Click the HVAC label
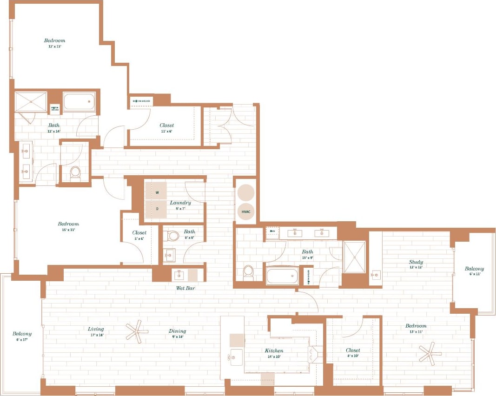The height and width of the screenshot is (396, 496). pyautogui.click(x=246, y=211)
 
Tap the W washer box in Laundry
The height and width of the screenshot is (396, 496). pyautogui.click(x=156, y=191)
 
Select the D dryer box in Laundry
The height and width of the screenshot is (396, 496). pyautogui.click(x=156, y=209)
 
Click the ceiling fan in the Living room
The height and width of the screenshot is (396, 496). pyautogui.click(x=137, y=332)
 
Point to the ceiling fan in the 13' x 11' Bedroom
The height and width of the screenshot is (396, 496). pyautogui.click(x=430, y=353)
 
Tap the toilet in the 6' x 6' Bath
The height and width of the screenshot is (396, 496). pyautogui.click(x=173, y=236)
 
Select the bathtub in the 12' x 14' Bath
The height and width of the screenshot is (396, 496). pyautogui.click(x=79, y=102)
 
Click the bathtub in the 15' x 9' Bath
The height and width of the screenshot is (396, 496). pyautogui.click(x=282, y=276)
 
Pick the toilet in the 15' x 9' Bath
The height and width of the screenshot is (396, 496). pyautogui.click(x=249, y=272)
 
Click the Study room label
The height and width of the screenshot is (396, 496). pyautogui.click(x=416, y=262)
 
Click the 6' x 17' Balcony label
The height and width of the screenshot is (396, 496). pyautogui.click(x=22, y=334)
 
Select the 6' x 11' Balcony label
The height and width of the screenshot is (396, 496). pyautogui.click(x=474, y=269)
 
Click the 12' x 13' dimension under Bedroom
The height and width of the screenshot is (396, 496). pyautogui.click(x=54, y=46)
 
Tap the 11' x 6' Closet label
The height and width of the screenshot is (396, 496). pyautogui.click(x=166, y=125)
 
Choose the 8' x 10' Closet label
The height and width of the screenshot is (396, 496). pyautogui.click(x=353, y=350)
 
